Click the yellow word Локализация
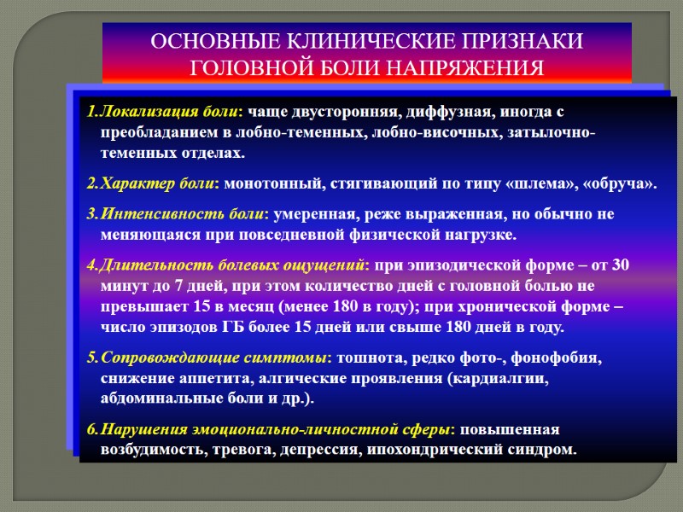click(138, 113)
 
